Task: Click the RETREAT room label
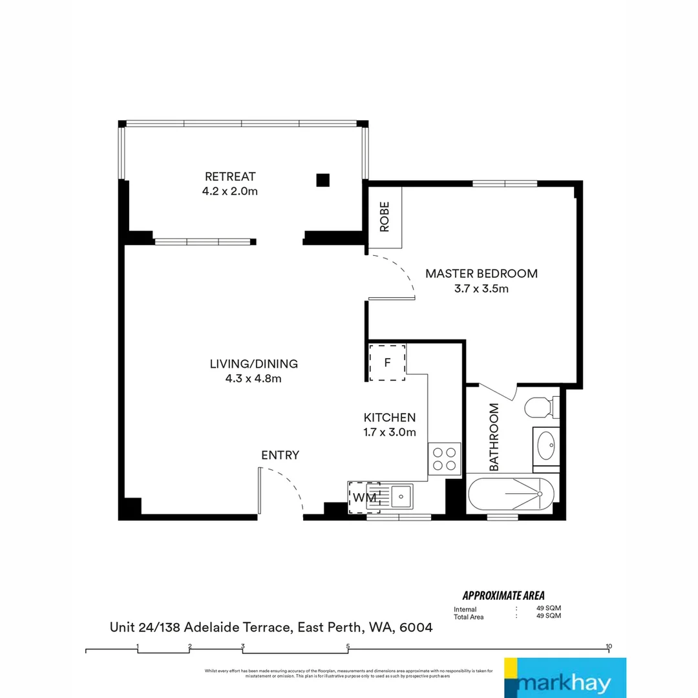231,176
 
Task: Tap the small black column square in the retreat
323,180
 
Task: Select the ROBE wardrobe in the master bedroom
386,217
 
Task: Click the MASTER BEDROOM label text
481,273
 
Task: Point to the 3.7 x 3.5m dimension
481,289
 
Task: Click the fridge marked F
387,363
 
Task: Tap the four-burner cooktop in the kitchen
444,459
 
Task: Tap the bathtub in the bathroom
511,496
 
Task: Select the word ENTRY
280,456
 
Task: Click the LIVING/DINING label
253,364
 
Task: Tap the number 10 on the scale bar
608,646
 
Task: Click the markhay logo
565,678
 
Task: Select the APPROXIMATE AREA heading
503,595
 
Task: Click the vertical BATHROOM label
494,437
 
